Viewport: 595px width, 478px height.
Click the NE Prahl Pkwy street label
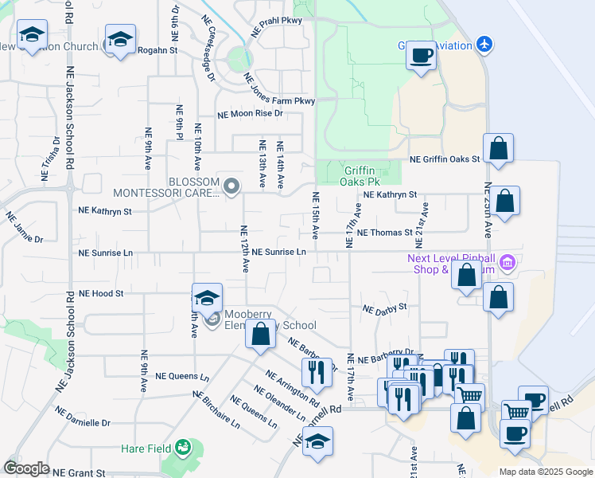click(x=275, y=22)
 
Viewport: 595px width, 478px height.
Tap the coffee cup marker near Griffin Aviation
click(x=421, y=56)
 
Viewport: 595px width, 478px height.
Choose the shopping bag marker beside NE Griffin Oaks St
click(x=498, y=148)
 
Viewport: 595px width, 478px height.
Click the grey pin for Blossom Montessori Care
click(x=231, y=187)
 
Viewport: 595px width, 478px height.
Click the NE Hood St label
click(x=101, y=293)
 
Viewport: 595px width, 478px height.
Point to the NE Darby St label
click(x=385, y=308)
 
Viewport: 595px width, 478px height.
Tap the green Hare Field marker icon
click(x=185, y=448)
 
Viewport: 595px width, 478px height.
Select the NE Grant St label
click(x=79, y=473)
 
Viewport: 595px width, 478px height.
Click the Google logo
click(x=27, y=468)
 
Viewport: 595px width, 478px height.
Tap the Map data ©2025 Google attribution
click(x=545, y=472)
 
